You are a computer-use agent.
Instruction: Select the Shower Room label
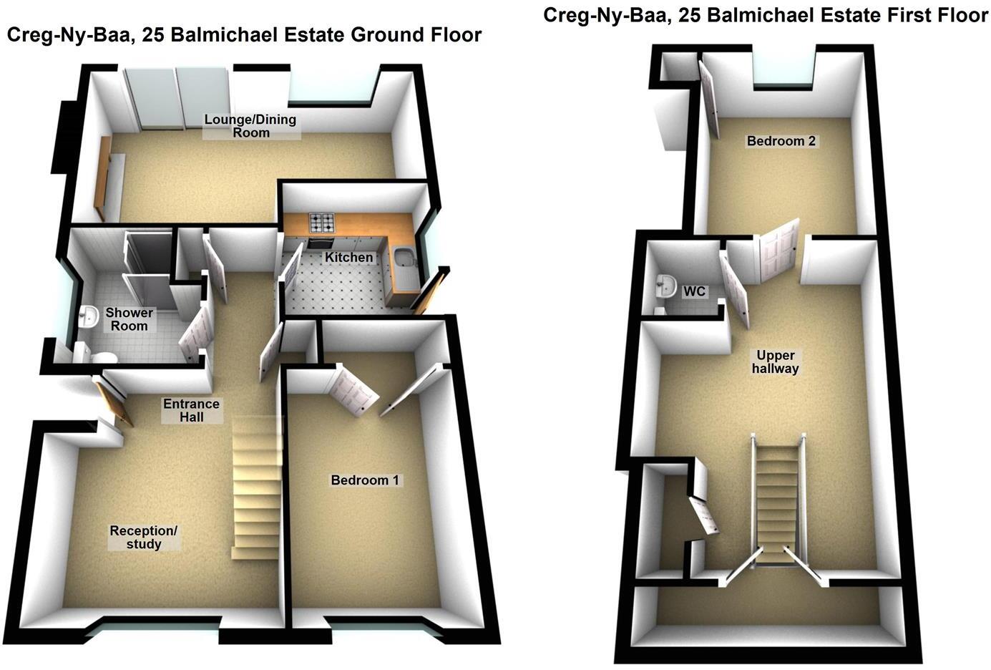coord(129,319)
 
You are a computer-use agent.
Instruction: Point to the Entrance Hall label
coord(192,409)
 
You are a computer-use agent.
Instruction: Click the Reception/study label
coord(143,538)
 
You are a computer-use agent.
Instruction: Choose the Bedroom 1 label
coord(364,480)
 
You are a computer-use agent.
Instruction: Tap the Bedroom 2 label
coord(781,141)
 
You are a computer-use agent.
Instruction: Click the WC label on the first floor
coord(694,291)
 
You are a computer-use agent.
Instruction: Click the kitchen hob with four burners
coord(321,223)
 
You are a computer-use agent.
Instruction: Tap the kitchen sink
coord(402,257)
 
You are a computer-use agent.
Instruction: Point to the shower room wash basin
coord(89,316)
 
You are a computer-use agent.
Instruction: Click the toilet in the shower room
coord(104,357)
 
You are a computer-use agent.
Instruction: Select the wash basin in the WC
coord(666,286)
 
